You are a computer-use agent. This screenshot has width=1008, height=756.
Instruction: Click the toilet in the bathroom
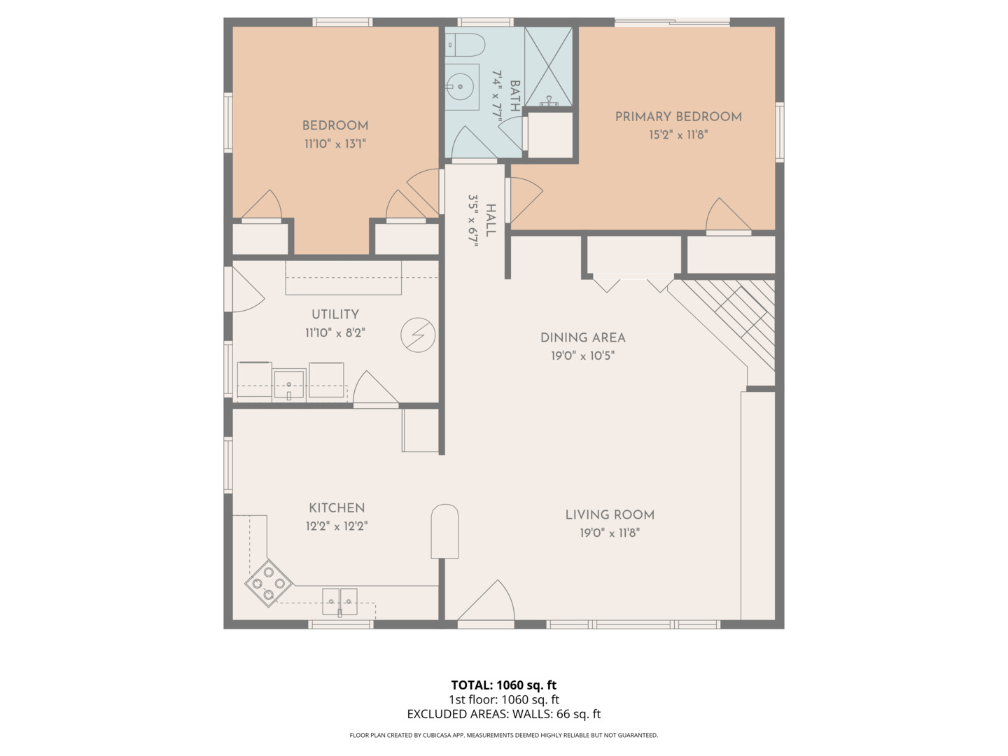coord(465,45)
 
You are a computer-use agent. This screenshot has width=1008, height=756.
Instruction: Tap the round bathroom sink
coord(461,87)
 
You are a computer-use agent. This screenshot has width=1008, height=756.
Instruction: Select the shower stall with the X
coord(548,67)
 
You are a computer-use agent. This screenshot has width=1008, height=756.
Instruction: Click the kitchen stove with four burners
coord(269,582)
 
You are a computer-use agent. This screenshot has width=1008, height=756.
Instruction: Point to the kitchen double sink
coord(339,601)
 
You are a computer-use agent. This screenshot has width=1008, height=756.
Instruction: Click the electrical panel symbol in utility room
coord(418,335)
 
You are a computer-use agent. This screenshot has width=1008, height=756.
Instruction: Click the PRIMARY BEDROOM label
coord(678,117)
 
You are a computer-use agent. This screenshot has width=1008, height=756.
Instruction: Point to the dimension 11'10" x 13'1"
coord(335,144)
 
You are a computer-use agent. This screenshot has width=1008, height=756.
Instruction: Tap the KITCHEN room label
coord(337,508)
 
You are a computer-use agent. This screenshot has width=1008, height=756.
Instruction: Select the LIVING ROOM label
coord(610,515)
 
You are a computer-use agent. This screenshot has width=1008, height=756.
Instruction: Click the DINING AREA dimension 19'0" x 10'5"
coord(582,356)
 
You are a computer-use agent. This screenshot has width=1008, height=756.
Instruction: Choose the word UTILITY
coord(335,315)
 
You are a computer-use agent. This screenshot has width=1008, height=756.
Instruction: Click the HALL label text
coord(491,220)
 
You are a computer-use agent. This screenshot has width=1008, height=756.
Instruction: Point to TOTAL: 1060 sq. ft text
coord(503,685)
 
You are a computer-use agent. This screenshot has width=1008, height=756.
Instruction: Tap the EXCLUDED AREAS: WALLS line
coord(503,714)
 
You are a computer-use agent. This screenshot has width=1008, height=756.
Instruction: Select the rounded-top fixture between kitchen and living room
coord(444,531)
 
